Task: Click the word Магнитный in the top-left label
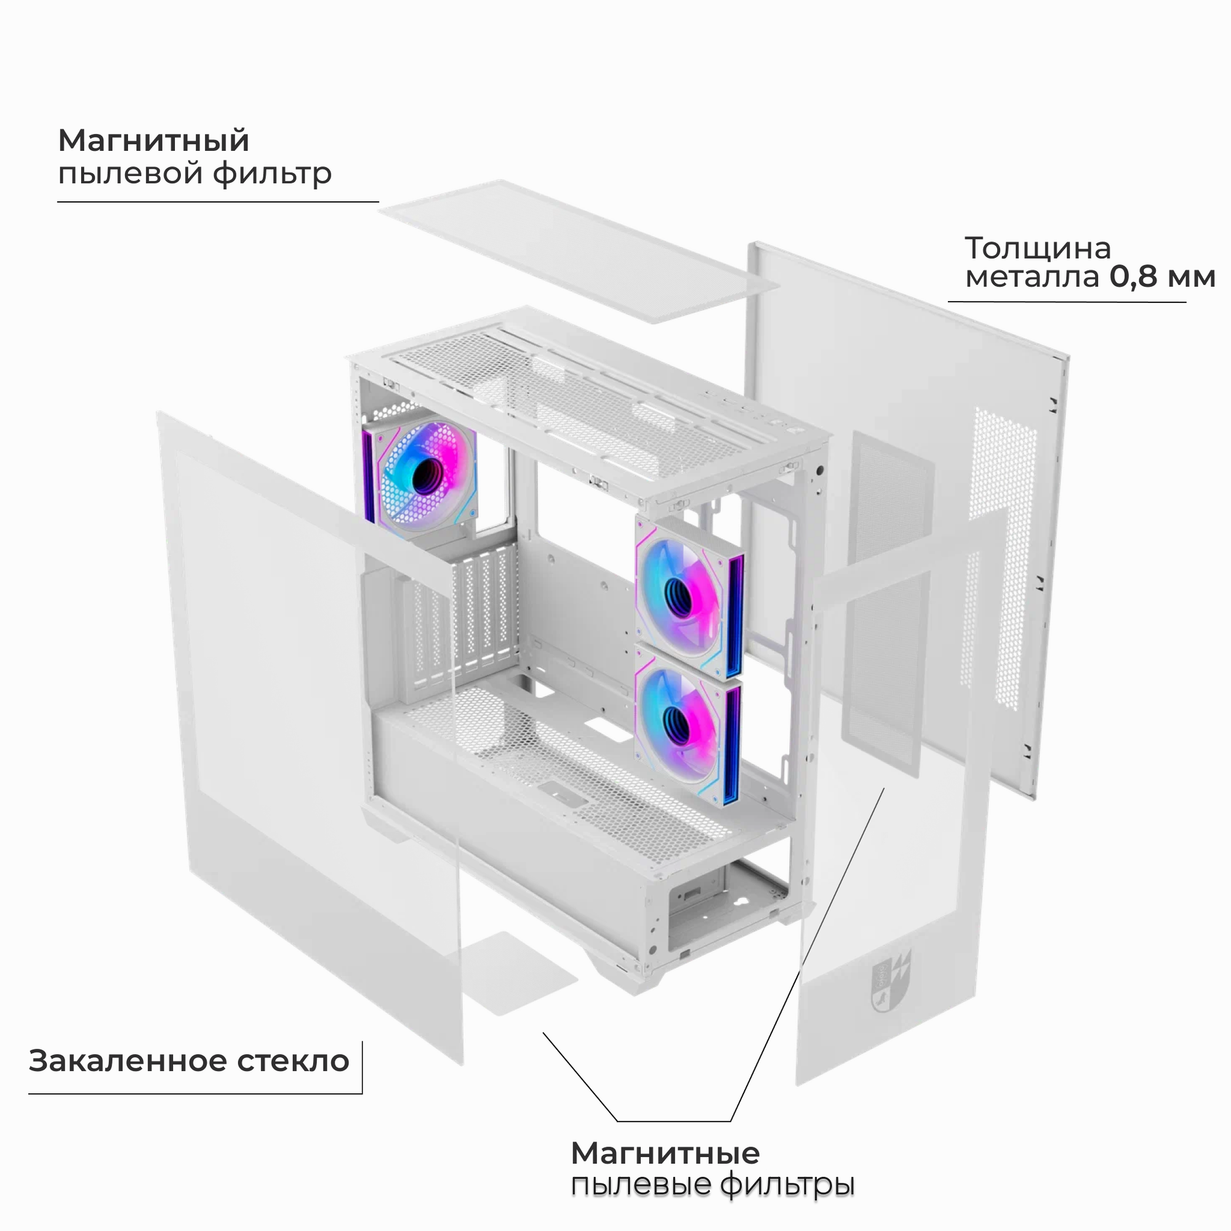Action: point(153,141)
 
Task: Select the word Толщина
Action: point(1037,249)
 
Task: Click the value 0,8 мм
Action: point(1162,277)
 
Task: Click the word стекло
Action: point(293,1061)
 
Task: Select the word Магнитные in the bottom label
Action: point(665,1153)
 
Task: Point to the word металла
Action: point(1032,277)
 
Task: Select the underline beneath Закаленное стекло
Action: point(194,1093)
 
